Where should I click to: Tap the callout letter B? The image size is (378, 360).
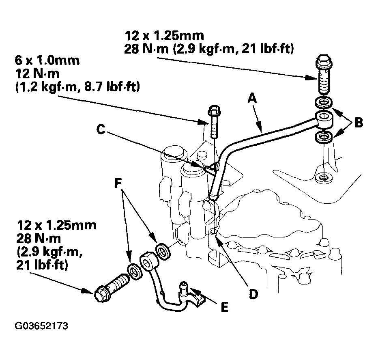[359, 123]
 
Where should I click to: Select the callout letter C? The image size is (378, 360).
[101, 129]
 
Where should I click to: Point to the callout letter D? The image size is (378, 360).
[253, 294]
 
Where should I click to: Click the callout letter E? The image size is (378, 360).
[224, 307]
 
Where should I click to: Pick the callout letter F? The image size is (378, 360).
[118, 183]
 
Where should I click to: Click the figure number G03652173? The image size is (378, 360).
[41, 326]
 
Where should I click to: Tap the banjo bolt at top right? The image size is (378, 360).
[324, 74]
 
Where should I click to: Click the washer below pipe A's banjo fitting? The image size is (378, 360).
[324, 138]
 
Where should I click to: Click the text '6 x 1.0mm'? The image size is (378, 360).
[47, 60]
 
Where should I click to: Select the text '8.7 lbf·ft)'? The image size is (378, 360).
[112, 86]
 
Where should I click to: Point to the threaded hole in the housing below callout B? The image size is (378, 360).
[324, 178]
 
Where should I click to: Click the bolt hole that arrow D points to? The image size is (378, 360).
[213, 233]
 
